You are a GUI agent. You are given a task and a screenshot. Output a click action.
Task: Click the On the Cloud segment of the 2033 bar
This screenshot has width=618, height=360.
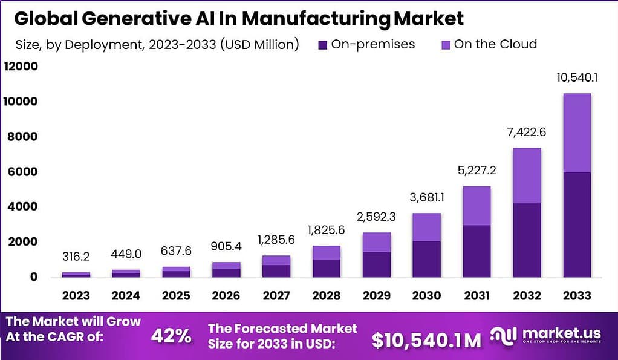[577, 133]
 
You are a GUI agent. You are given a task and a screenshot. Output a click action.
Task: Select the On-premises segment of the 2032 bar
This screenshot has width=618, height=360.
[527, 240]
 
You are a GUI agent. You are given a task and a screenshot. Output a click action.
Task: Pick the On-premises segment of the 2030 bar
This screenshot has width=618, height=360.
[427, 259]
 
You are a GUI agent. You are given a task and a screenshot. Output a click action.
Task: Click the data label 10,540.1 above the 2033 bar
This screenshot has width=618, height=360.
[577, 77]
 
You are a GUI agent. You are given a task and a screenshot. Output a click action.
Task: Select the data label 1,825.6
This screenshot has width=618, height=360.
[327, 230]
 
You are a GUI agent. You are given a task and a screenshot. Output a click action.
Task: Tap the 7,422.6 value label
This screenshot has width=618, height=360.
[527, 132]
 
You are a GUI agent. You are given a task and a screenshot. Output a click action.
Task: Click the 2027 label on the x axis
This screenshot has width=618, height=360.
[276, 296]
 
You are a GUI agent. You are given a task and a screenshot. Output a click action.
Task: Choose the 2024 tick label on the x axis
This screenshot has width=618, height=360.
[126, 296]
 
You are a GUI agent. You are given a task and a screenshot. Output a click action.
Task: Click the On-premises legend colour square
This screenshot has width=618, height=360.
[321, 44]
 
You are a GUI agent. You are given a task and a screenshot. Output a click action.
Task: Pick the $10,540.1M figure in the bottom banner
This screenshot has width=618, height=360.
[427, 340]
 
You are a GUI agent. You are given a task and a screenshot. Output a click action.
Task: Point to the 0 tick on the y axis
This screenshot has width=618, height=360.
[33, 277]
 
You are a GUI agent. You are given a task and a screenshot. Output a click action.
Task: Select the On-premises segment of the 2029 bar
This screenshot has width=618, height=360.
[377, 264]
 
